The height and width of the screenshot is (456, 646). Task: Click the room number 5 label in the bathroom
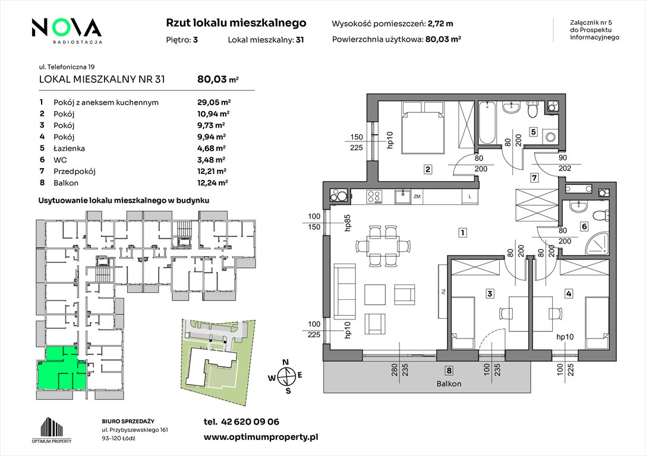(x=534, y=132)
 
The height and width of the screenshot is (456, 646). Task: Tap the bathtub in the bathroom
(x=487, y=122)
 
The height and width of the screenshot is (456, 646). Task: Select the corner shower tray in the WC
(x=596, y=246)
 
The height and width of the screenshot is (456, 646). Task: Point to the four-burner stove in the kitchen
(x=374, y=197)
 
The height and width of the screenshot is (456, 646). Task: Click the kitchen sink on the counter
(x=402, y=197)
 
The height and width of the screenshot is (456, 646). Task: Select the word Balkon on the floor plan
(x=449, y=384)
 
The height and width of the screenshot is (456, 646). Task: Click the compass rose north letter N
(x=285, y=362)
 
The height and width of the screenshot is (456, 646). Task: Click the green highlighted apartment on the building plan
(x=62, y=368)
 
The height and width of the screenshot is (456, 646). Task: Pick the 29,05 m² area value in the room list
(x=214, y=102)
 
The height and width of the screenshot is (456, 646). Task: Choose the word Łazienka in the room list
(x=69, y=148)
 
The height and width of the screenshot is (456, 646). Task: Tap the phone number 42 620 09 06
(x=250, y=422)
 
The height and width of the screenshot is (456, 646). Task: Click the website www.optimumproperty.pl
(x=261, y=438)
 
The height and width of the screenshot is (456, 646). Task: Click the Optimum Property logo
(x=52, y=430)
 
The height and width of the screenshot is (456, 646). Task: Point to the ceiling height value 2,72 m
(x=440, y=24)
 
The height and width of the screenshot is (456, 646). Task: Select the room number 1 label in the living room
(x=463, y=233)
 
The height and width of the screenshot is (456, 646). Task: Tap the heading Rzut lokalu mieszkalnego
(x=236, y=23)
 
